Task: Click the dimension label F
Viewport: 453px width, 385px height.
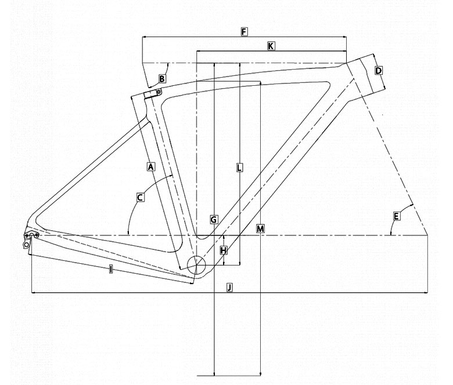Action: pyautogui.click(x=244, y=32)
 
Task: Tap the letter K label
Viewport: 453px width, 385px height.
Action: pyautogui.click(x=271, y=46)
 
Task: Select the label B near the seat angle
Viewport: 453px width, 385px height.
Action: pyautogui.click(x=162, y=79)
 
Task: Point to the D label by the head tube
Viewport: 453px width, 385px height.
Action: pyautogui.click(x=379, y=70)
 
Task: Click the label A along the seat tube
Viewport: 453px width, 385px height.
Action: pyautogui.click(x=151, y=166)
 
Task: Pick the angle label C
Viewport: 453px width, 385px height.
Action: pyautogui.click(x=141, y=198)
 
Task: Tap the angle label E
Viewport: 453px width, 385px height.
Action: pyautogui.click(x=396, y=216)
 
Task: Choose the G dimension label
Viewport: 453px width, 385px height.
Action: pyautogui.click(x=214, y=220)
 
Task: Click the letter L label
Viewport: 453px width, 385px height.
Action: pyautogui.click(x=239, y=168)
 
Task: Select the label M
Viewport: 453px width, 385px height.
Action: pyautogui.click(x=260, y=229)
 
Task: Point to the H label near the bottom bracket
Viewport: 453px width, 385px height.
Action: pyautogui.click(x=224, y=250)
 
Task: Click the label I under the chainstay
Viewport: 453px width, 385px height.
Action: pyautogui.click(x=111, y=270)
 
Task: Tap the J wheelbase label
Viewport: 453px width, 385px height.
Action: pyautogui.click(x=229, y=287)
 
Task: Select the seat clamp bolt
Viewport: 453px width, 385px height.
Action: pyautogui.click(x=159, y=92)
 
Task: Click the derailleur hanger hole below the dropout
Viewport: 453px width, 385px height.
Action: pyautogui.click(x=26, y=245)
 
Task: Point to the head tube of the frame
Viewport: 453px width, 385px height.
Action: pyautogui.click(x=365, y=77)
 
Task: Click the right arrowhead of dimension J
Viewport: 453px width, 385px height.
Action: pyautogui.click(x=426, y=293)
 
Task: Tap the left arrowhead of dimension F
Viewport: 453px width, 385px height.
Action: pyautogui.click(x=145, y=37)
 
